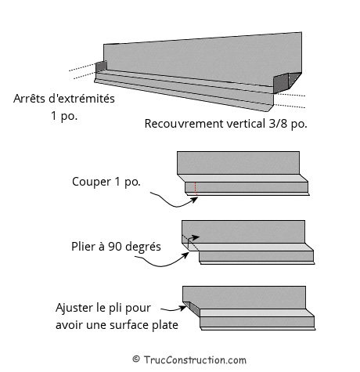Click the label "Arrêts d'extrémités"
64,99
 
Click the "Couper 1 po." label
106,182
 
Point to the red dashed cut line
196,189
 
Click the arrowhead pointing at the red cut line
194,200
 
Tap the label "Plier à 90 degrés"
116,247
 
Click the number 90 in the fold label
114,247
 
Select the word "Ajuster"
74,308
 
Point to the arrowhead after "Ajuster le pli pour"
183,308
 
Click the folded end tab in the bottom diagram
192,309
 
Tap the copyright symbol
136,359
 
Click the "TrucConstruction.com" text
195,360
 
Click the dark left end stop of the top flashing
101,67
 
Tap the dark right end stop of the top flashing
287,82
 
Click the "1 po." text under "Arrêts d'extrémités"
64,116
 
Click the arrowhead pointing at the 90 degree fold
185,255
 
